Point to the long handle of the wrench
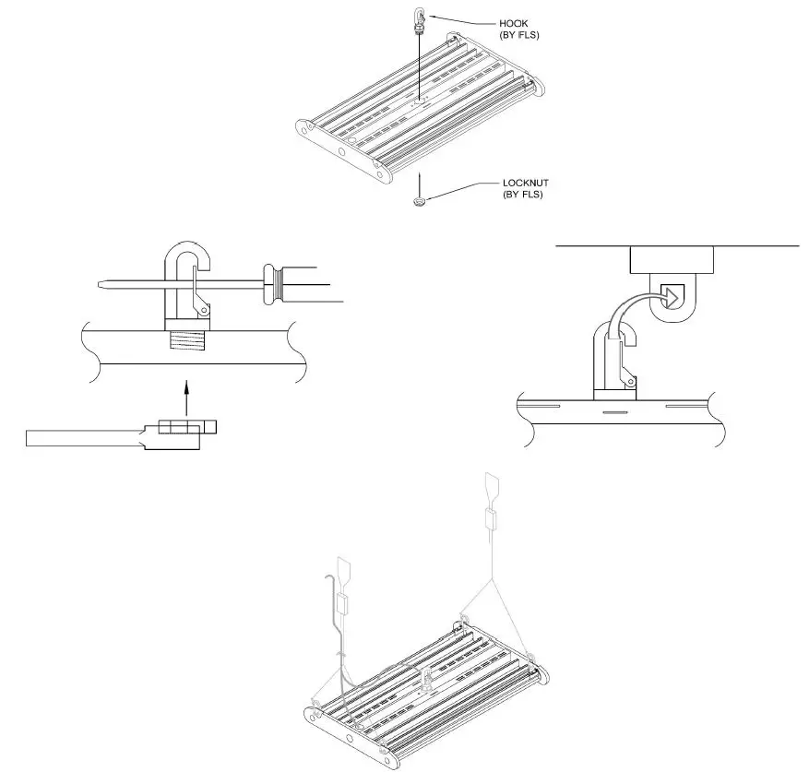coord(83,438)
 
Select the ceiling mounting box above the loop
coord(672,260)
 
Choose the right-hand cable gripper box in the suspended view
coord(491,518)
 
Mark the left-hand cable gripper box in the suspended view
coord(344,605)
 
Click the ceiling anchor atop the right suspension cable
coord(490,485)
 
